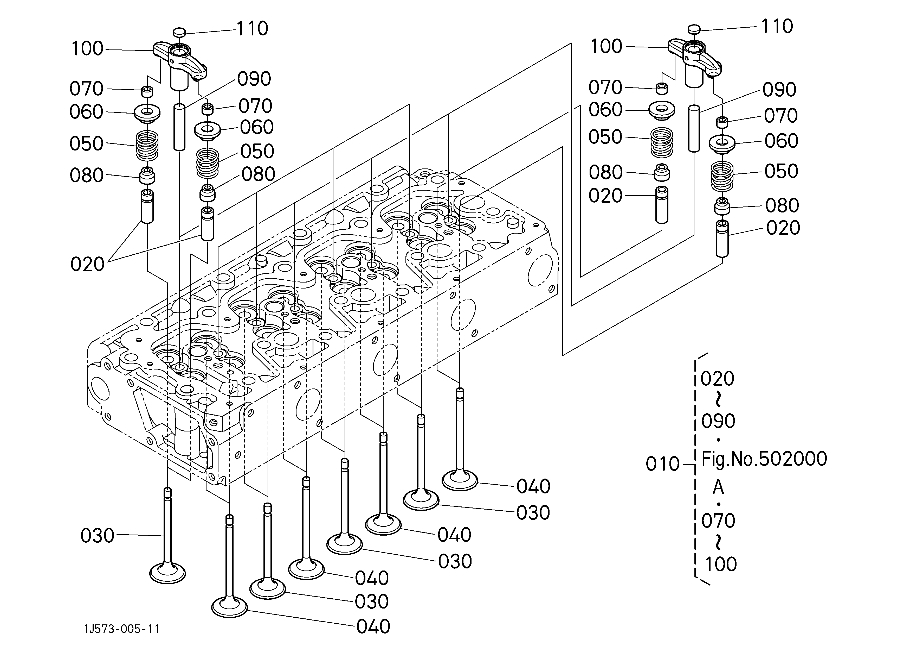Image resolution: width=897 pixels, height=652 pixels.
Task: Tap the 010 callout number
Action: pyautogui.click(x=662, y=464)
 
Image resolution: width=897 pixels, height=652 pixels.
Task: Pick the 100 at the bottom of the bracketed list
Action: pyautogui.click(x=721, y=564)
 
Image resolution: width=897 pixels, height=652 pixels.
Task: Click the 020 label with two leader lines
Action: pyautogui.click(x=87, y=264)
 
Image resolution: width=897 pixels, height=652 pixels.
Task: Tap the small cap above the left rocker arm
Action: pyautogui.click(x=179, y=32)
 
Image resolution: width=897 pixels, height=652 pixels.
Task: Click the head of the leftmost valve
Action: pyautogui.click(x=168, y=573)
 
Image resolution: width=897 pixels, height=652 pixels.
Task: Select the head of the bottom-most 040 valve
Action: pyautogui.click(x=229, y=606)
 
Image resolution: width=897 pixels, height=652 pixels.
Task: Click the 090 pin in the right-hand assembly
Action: pyautogui.click(x=694, y=129)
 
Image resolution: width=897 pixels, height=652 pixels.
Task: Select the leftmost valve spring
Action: pyautogui.click(x=147, y=146)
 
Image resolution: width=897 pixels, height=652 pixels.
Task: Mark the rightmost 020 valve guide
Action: pyautogui.click(x=722, y=239)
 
